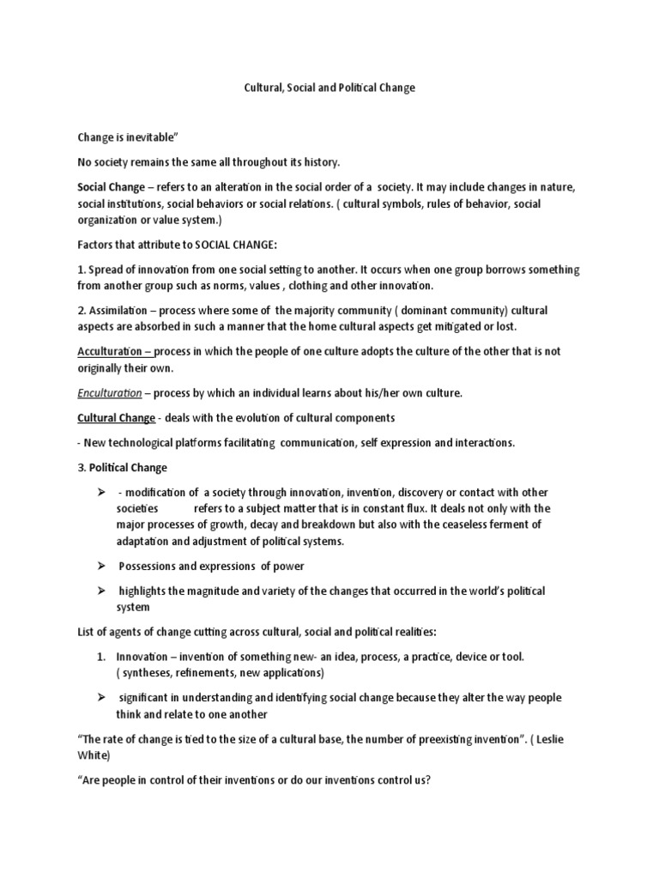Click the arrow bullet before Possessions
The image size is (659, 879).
100,566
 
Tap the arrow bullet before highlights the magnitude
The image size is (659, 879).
100,591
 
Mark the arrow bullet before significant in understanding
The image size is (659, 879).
100,698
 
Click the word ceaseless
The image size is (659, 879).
475,524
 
